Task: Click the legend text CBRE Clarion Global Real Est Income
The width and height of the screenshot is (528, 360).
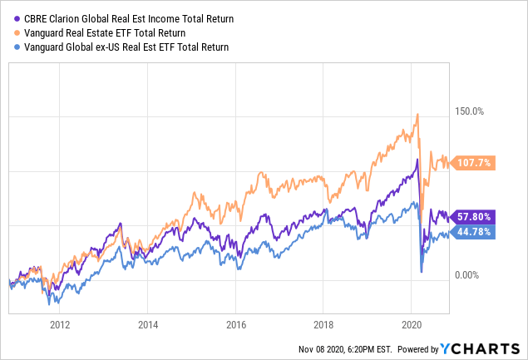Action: pyautogui.click(x=126, y=17)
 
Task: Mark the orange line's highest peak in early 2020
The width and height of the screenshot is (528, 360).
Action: pyautogui.click(x=417, y=114)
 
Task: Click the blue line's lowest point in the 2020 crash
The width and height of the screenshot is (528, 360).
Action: pyautogui.click(x=422, y=273)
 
